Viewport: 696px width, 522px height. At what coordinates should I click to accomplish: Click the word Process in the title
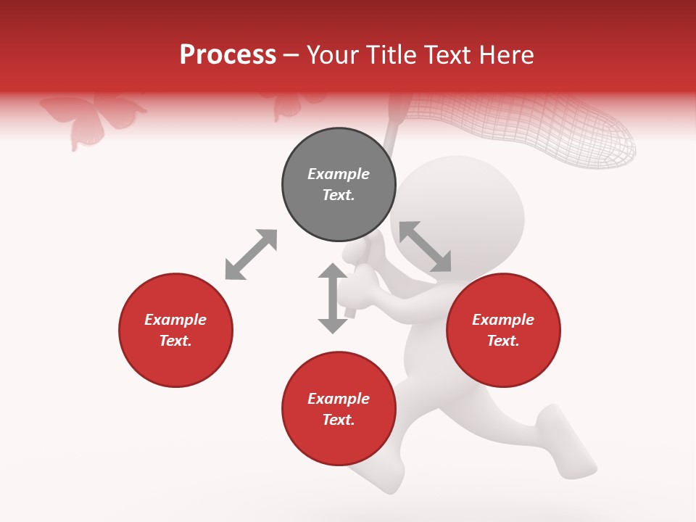coord(228,55)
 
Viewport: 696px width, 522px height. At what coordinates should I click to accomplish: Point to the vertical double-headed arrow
coord(333,298)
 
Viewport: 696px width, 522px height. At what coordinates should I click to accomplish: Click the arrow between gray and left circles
coord(251,254)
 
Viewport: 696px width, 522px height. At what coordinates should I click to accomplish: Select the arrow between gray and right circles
coord(425,246)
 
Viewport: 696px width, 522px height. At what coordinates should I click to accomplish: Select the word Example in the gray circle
coord(339,174)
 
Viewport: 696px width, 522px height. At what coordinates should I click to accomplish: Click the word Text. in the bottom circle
coord(339,420)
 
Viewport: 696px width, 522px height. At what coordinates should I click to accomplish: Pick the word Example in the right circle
coord(503,320)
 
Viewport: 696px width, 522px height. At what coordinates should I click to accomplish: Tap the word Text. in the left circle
coord(175,341)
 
